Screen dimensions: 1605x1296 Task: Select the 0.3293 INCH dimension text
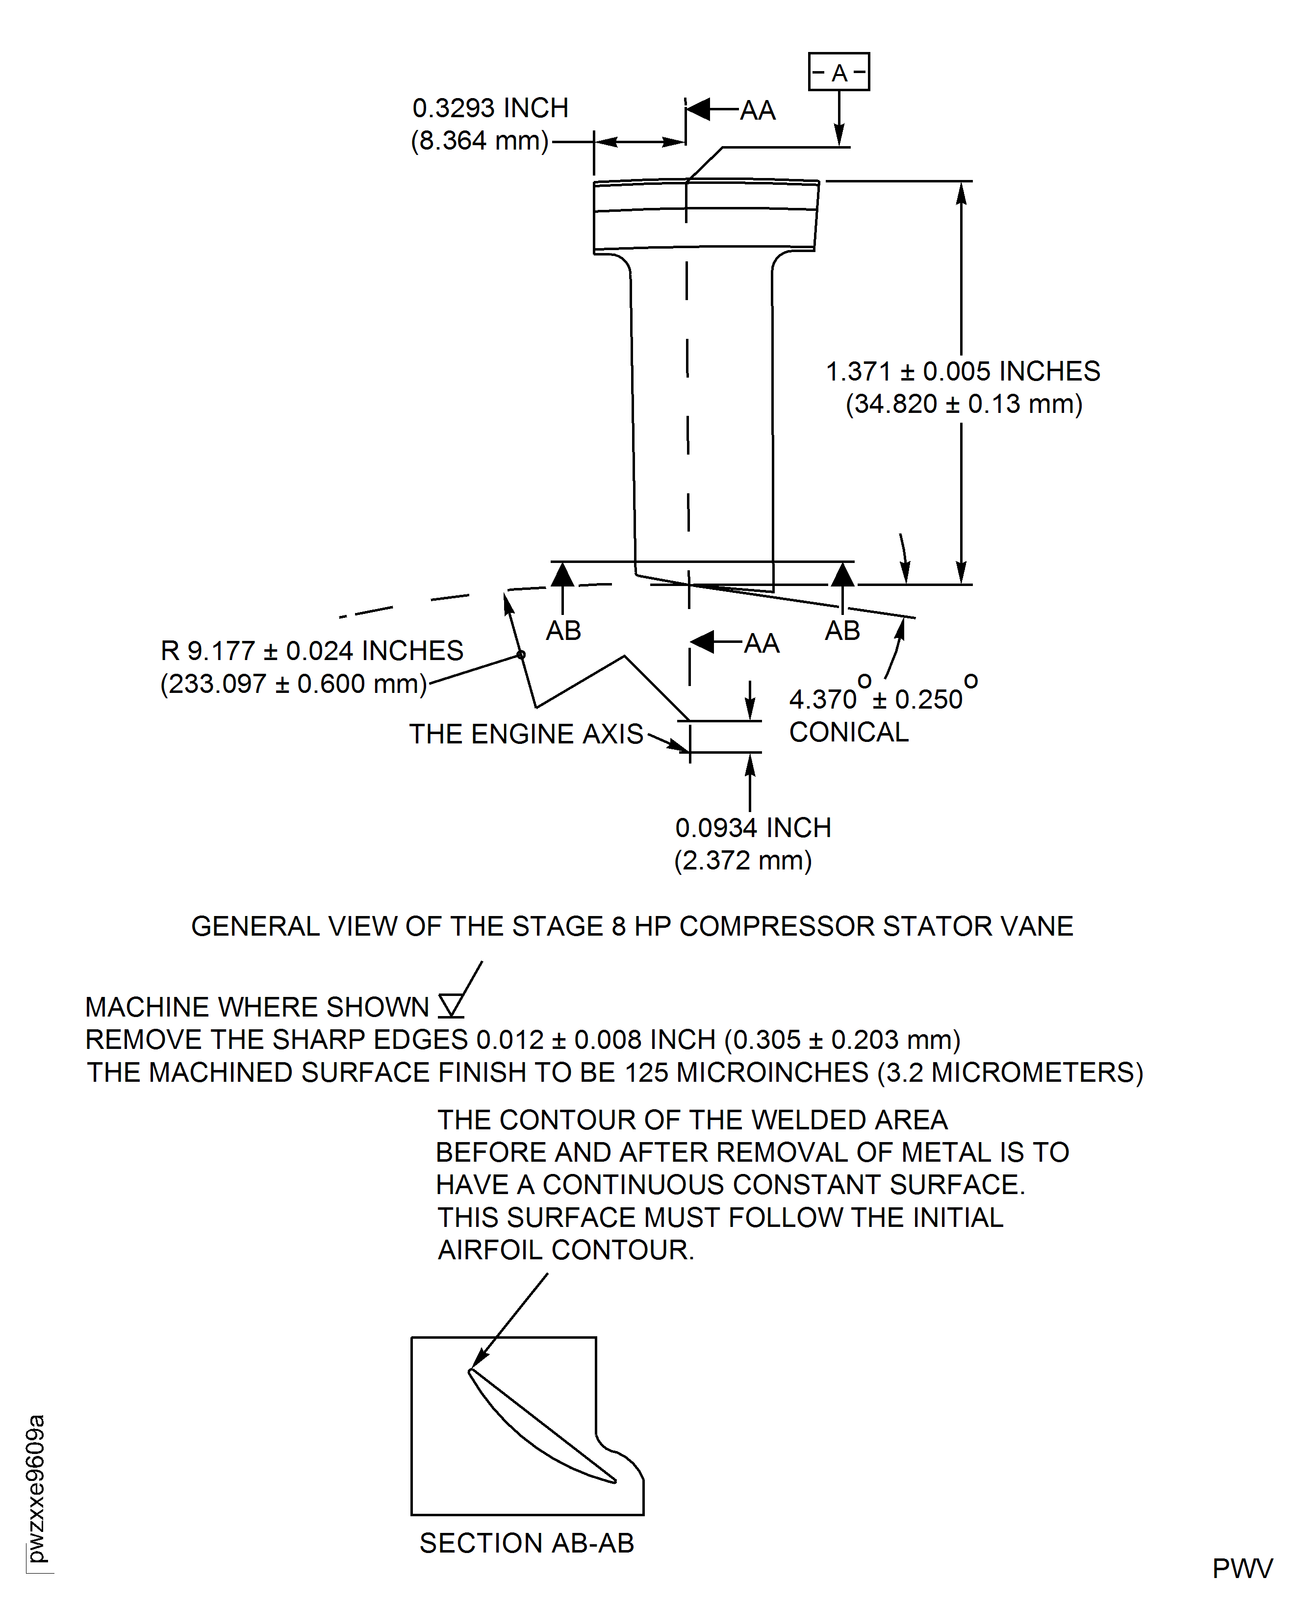pos(490,108)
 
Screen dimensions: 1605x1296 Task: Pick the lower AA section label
pos(762,643)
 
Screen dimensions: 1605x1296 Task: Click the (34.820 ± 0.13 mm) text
pos(963,404)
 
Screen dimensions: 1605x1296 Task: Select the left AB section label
pos(563,631)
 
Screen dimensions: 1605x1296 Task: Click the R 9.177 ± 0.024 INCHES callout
pos(311,651)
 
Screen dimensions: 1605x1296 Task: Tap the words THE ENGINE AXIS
pos(526,734)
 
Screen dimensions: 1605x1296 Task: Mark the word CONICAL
pos(849,732)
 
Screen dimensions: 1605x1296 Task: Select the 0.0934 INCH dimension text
pos(753,828)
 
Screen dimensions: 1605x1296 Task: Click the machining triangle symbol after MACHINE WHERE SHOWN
pos(451,1006)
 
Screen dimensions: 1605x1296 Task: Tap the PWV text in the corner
pos(1242,1568)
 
